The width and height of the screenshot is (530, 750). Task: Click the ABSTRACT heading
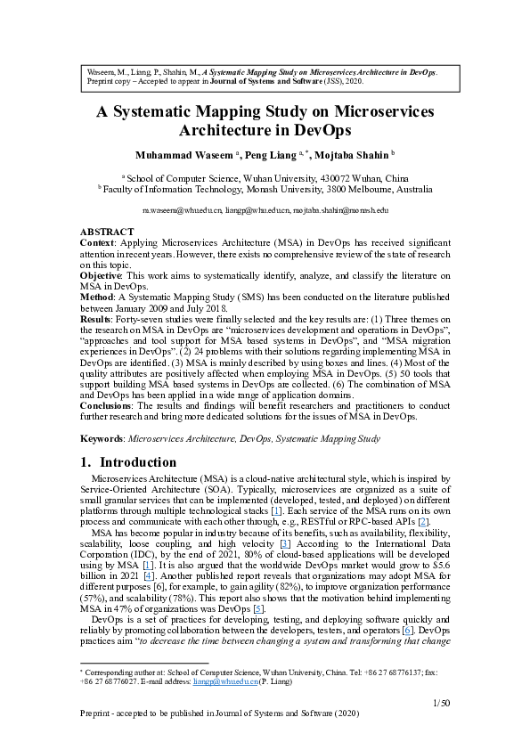[106, 232]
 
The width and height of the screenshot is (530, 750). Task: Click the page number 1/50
[442, 703]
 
